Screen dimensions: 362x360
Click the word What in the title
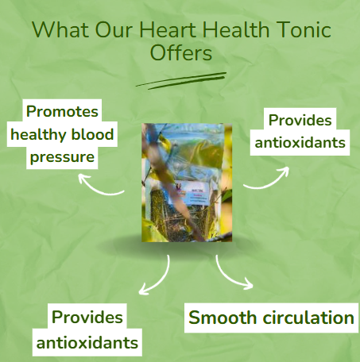click(60, 30)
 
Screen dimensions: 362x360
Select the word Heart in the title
click(168, 30)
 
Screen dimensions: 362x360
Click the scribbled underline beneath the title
click(180, 79)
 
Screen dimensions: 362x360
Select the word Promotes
click(63, 112)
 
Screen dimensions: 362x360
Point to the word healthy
click(40, 134)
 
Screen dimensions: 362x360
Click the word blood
click(93, 134)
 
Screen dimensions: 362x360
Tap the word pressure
click(63, 157)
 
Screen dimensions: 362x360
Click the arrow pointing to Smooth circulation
click(233, 274)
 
